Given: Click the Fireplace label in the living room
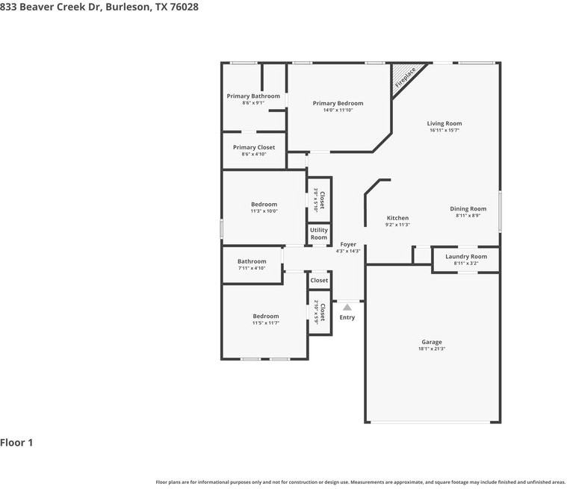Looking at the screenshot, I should [x=405, y=78].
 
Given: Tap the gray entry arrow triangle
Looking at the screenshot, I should [x=347, y=306].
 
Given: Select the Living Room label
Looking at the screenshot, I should [x=444, y=123].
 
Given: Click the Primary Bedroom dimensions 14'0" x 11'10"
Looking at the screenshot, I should [x=338, y=110].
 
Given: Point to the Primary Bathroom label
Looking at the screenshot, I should [x=253, y=96].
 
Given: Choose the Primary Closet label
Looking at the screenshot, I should [x=253, y=147].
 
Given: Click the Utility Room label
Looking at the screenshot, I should [x=319, y=234].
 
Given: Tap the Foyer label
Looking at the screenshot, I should [x=348, y=244].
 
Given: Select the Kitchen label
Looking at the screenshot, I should [x=397, y=218].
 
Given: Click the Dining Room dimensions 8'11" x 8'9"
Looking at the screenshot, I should [x=468, y=216].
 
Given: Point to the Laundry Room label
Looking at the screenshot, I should [x=466, y=256].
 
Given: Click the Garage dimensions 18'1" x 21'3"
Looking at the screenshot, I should [x=431, y=349].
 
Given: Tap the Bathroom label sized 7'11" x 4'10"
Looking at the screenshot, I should [x=252, y=261].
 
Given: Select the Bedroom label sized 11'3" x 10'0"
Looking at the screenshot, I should [x=264, y=204].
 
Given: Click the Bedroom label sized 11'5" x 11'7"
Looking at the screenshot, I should [x=265, y=316].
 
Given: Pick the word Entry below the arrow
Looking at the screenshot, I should [x=347, y=317].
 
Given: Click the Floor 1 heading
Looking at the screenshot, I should [x=16, y=443].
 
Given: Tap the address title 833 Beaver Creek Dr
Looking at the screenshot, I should [x=99, y=6].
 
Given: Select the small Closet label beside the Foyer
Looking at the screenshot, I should [x=319, y=281].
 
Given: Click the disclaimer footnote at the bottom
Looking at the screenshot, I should [x=361, y=482].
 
